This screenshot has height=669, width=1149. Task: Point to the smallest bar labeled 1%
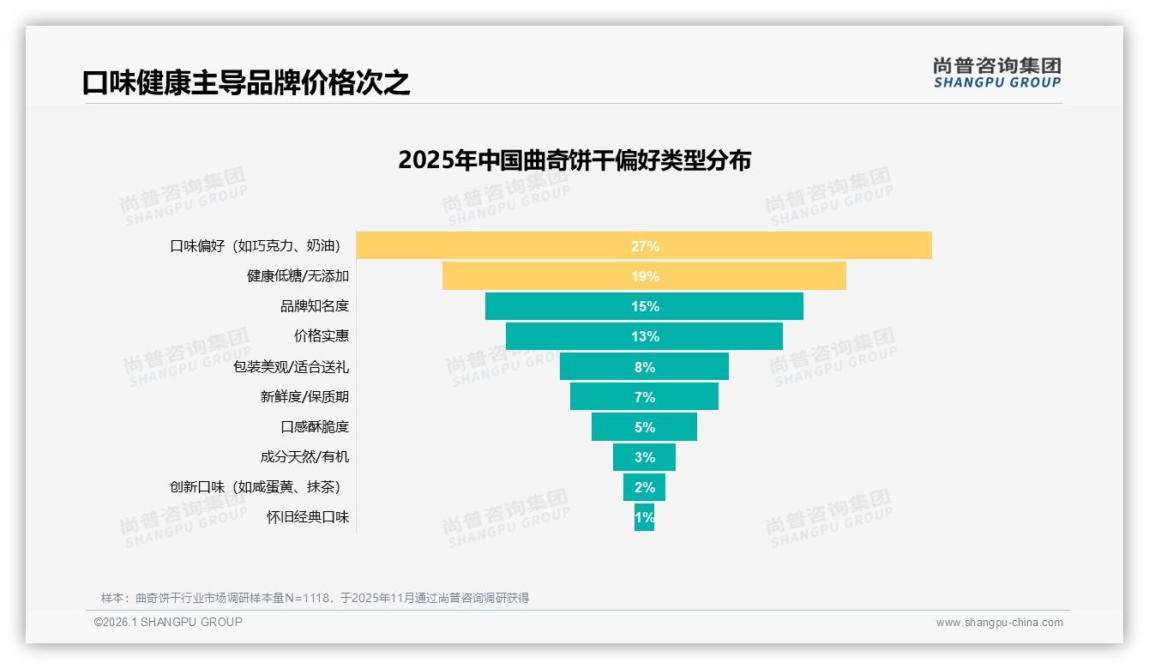(x=644, y=517)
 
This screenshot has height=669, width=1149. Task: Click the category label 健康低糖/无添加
(x=298, y=276)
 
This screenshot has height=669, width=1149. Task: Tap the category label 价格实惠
(x=321, y=336)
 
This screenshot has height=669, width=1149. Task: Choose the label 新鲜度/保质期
(x=304, y=397)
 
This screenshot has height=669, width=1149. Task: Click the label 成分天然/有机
(x=304, y=457)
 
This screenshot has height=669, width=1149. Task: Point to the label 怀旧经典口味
(x=308, y=517)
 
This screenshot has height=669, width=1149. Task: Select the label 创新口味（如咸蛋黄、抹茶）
(x=256, y=487)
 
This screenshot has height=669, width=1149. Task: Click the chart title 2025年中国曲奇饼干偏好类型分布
(x=574, y=160)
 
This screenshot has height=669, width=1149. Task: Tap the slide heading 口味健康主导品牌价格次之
(x=246, y=82)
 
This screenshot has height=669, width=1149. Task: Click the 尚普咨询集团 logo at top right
(x=996, y=73)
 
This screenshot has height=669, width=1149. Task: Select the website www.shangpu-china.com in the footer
(x=999, y=623)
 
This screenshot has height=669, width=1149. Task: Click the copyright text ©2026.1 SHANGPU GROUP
(x=168, y=622)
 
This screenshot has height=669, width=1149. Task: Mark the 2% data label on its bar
(x=645, y=487)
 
